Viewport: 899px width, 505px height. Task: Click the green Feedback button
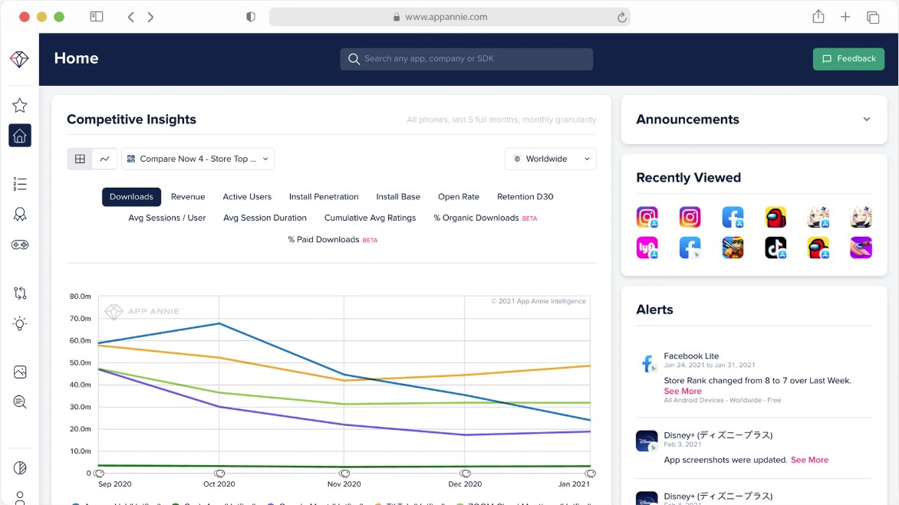848,59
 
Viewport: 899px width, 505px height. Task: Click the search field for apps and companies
466,59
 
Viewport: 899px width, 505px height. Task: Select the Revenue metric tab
188,197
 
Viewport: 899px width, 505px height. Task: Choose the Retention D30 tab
525,197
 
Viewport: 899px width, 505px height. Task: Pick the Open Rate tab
459,197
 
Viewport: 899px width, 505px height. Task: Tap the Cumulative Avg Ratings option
370,218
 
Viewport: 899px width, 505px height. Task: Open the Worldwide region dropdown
550,159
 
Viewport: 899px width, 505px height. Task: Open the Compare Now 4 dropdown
198,159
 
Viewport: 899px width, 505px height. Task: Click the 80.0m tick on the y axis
81,297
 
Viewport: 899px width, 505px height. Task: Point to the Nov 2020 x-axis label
344,484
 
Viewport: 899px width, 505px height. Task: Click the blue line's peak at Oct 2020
219,323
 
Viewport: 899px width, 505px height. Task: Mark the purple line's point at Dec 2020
465,435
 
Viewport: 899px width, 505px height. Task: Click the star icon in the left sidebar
20,106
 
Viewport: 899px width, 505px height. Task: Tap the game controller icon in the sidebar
20,245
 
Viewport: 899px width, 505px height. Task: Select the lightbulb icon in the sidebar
20,323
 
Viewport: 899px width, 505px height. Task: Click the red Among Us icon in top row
776,218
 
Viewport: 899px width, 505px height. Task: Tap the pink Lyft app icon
647,248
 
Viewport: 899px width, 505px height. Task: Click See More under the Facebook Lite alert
682,391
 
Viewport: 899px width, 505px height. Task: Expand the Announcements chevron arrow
866,120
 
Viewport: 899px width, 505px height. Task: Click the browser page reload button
621,17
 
